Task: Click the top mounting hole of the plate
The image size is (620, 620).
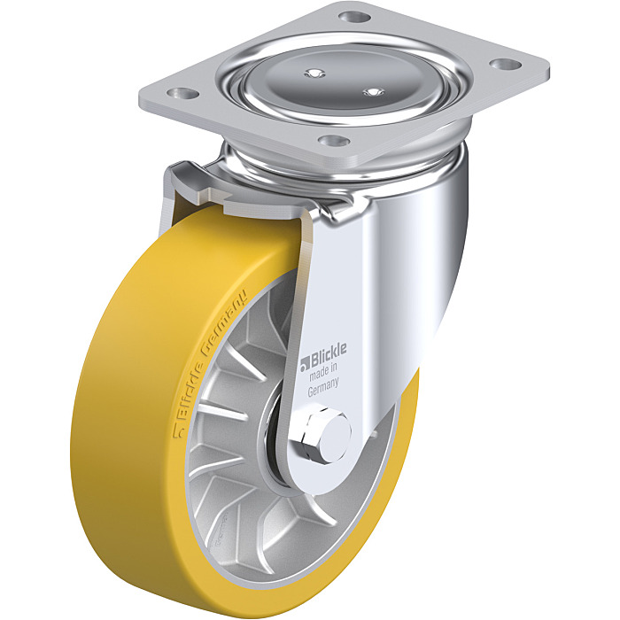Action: [354, 17]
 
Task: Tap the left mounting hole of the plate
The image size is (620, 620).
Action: [182, 94]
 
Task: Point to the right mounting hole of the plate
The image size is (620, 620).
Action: [506, 63]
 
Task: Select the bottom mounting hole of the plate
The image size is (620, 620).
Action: [334, 140]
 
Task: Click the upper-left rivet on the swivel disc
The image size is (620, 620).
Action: [314, 74]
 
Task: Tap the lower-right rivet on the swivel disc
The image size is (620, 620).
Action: [373, 92]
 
